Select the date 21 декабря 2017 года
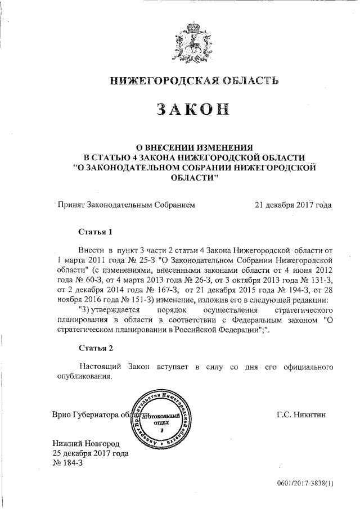[x=293, y=205]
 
